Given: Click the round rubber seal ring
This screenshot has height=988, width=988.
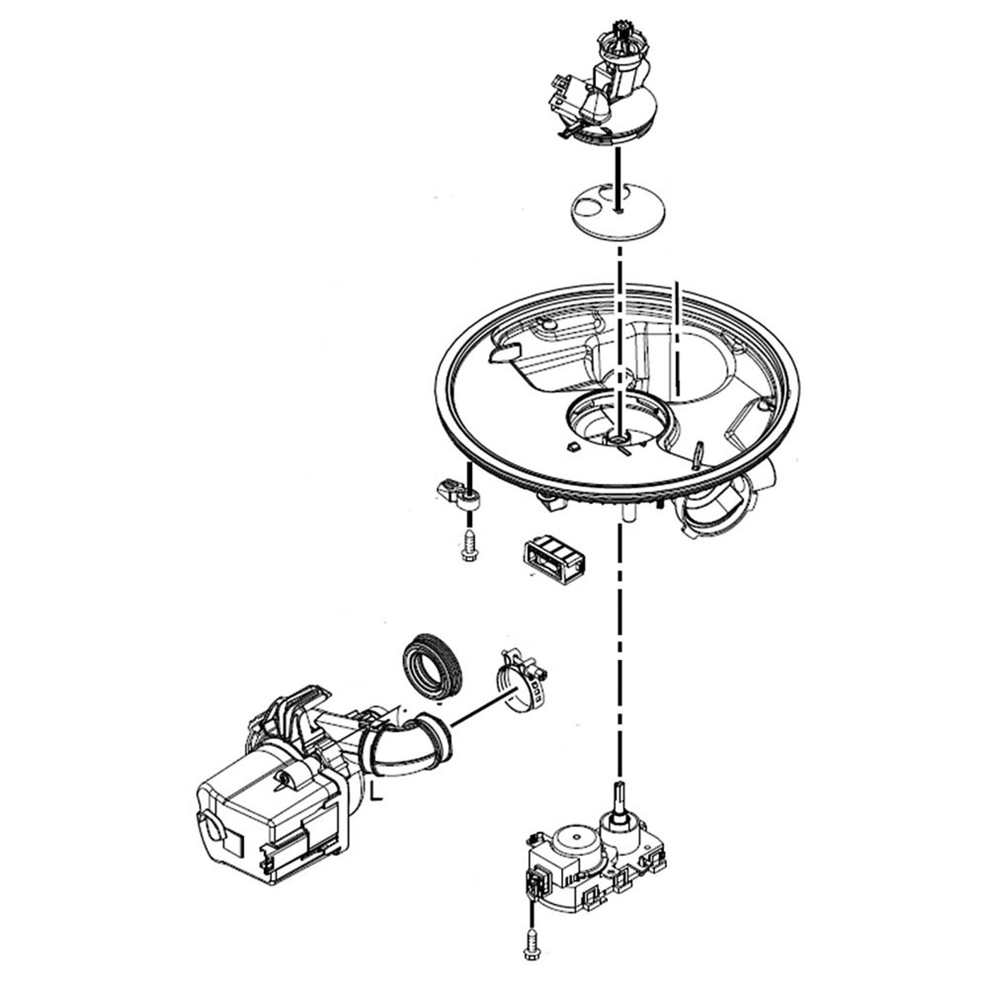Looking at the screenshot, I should point(432,666).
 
